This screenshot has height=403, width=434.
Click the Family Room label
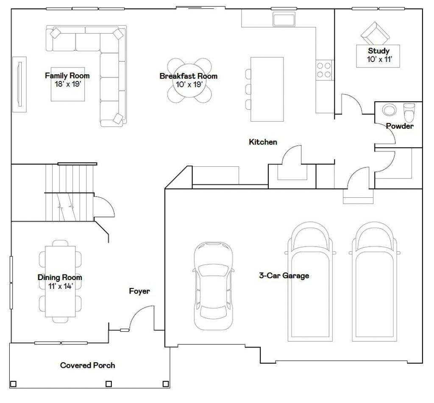[67, 76]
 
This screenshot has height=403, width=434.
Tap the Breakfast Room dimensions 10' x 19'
[189, 84]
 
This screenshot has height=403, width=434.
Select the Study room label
[378, 51]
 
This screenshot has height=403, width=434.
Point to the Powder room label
[400, 126]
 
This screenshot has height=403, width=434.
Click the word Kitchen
[263, 142]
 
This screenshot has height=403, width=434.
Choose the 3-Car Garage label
[284, 276]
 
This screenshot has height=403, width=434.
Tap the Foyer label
[139, 291]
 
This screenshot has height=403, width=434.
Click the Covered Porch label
[87, 365]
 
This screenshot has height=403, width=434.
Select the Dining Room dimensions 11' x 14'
[60, 286]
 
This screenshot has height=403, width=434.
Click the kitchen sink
[284, 19]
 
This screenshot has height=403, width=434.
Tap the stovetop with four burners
[324, 70]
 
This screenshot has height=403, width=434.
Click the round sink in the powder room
[389, 110]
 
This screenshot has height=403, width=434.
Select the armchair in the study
[375, 34]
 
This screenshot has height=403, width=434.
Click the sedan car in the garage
[214, 286]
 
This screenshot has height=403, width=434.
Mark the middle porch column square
[109, 384]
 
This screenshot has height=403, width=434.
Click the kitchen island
[267, 89]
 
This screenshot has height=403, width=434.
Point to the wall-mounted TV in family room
[19, 84]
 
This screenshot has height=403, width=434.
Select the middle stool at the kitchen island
[248, 89]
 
